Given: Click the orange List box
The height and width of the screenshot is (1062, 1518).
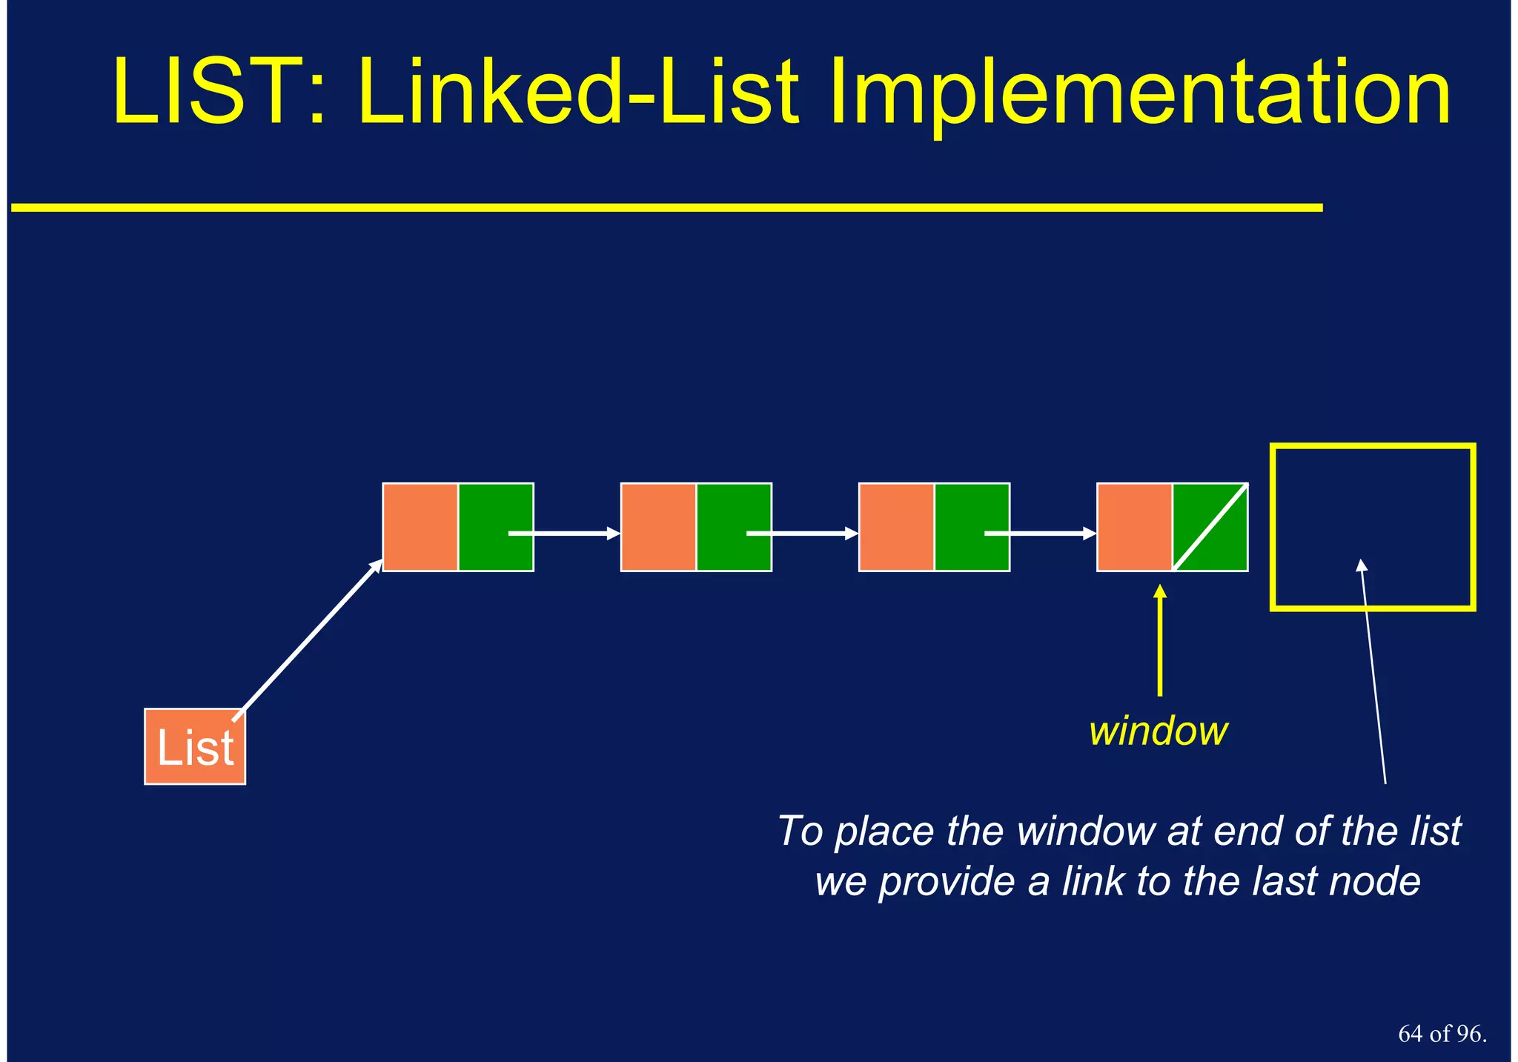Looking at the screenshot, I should [x=195, y=746].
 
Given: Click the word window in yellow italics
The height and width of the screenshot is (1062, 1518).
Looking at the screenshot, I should [x=1158, y=731].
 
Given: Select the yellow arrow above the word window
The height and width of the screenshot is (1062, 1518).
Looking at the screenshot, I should [x=1160, y=641].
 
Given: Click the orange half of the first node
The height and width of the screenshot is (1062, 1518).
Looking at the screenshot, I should [x=420, y=527].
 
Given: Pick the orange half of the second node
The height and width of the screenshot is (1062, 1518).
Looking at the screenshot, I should [x=658, y=527].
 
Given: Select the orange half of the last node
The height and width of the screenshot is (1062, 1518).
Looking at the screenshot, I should [x=1135, y=527].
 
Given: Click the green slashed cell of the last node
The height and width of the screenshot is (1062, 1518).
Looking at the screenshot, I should [x=1210, y=527].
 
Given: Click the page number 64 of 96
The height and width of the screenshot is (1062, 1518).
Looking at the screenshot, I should [x=1442, y=1034].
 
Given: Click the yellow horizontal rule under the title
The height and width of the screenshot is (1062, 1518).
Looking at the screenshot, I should [x=667, y=208].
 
